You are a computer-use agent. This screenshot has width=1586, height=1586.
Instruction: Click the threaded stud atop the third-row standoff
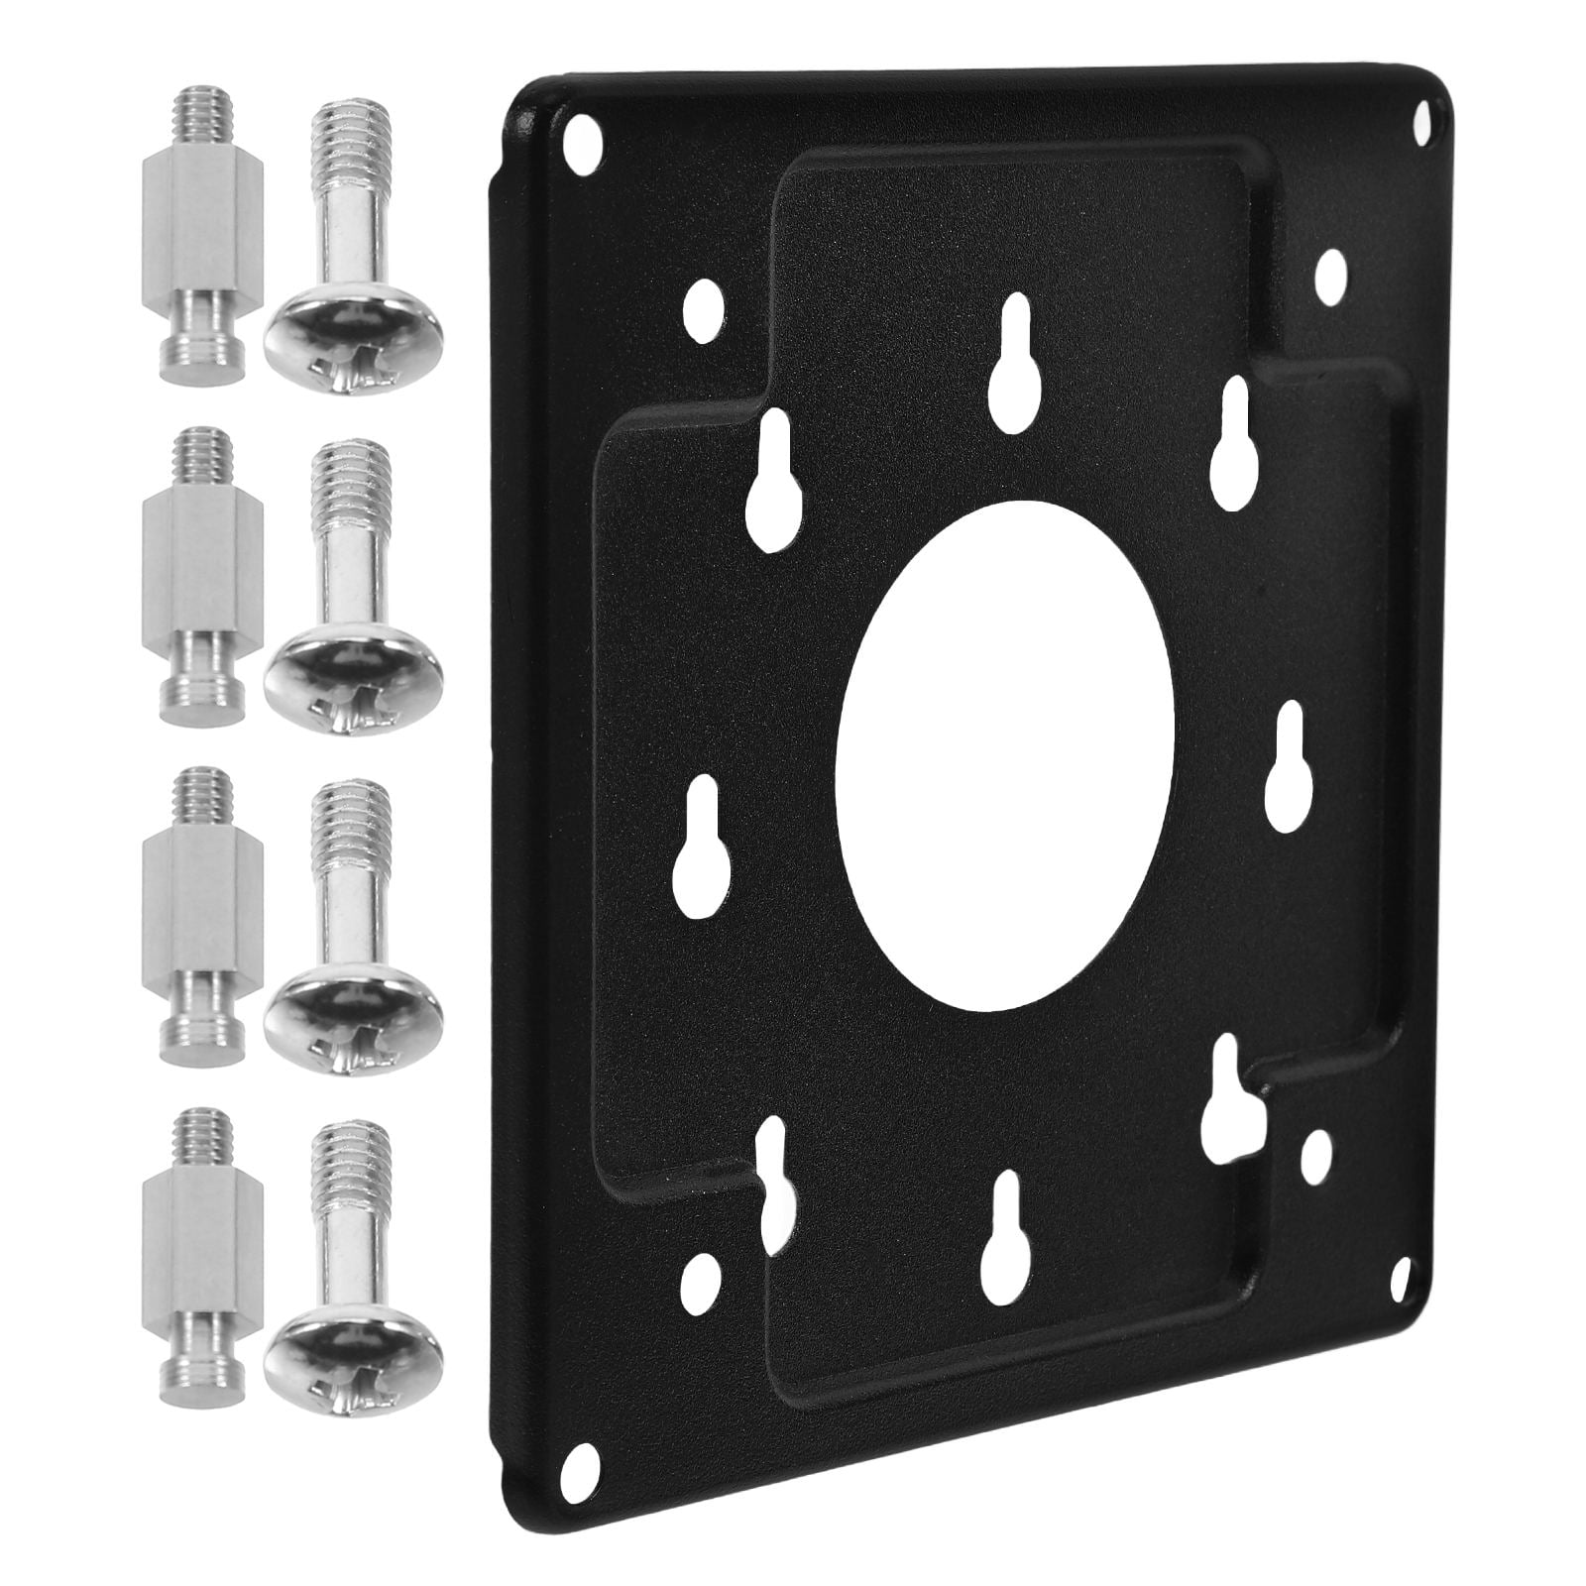coord(194,792)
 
